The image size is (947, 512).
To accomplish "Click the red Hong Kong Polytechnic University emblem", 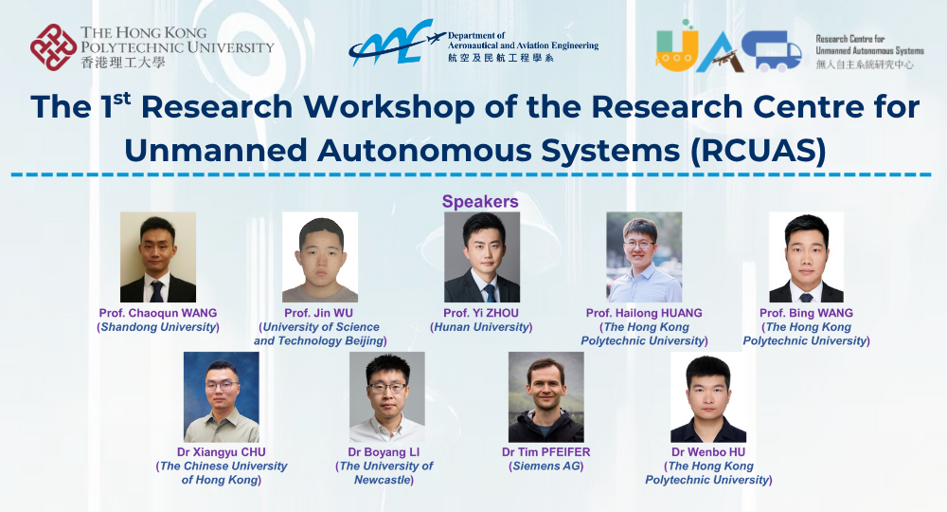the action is point(54,47).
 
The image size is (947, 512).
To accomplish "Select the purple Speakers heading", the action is point(480,201).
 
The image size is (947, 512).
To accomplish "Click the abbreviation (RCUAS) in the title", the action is point(758,151).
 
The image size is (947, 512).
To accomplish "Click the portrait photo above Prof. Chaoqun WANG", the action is point(158,257).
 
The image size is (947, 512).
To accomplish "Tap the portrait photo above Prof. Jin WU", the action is point(320,257).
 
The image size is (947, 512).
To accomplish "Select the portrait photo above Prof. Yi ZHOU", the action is point(482,257).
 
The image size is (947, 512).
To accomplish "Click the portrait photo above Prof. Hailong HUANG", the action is point(644,257).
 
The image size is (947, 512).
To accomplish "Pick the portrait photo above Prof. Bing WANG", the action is point(806,257).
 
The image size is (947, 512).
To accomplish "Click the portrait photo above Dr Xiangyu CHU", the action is point(222,397).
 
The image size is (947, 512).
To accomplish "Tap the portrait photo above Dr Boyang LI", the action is point(387,397).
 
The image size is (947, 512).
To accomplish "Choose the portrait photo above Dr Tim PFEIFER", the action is point(546,397).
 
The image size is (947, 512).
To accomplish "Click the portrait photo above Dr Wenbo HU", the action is point(708,397).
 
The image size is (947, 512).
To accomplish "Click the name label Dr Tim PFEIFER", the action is point(546,452).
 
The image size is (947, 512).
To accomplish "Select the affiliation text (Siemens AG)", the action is point(546,466).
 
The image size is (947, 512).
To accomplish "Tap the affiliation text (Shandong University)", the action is point(158,327).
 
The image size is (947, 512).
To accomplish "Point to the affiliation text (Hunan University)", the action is point(481,327).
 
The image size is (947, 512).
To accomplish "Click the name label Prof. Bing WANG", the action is point(806,313).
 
